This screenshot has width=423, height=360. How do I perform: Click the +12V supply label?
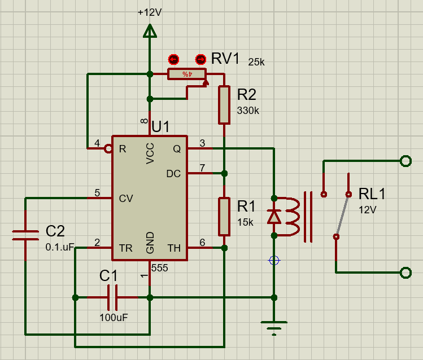click(150, 12)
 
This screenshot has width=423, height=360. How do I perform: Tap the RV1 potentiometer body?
click(186, 74)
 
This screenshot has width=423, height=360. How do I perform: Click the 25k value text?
click(256, 62)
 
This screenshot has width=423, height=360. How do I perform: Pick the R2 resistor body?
click(224, 105)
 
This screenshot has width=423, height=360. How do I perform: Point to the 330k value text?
click(248, 111)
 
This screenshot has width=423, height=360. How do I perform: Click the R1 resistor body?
click(224, 216)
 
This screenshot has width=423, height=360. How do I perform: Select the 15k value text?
click(246, 222)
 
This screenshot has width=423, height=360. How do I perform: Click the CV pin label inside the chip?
click(126, 198)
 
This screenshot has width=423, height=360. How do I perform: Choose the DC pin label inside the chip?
click(173, 174)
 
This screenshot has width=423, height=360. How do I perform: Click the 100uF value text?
click(114, 317)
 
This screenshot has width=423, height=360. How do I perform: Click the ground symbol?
click(274, 326)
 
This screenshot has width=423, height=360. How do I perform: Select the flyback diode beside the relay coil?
click(274, 217)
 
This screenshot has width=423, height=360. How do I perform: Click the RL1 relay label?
click(372, 195)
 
